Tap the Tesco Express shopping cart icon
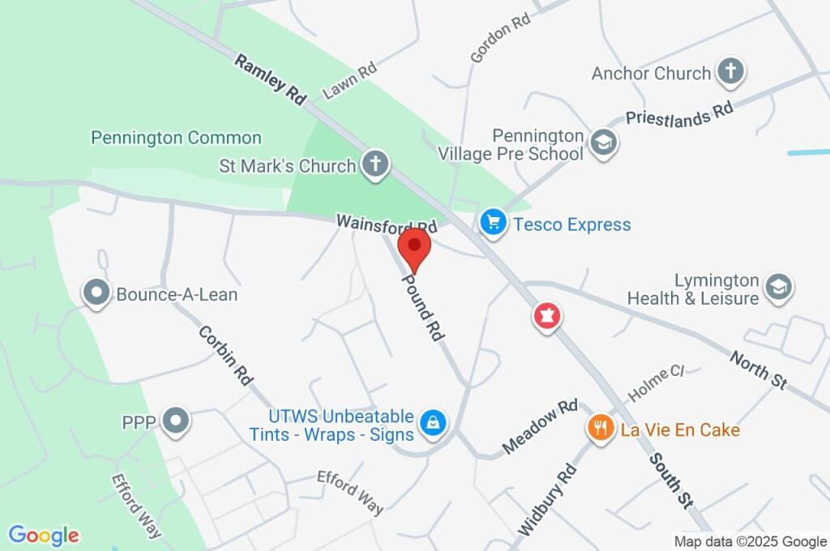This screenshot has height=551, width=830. point(493,224)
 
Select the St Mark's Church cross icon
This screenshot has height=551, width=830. point(375,165)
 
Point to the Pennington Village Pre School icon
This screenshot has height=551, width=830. point(604,143)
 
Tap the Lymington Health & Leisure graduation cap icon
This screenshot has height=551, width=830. point(779,287)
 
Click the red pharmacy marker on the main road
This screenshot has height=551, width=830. point(547,316)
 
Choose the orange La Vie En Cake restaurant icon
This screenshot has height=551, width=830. point(601,429)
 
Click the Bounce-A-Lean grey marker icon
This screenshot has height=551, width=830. point(96,293)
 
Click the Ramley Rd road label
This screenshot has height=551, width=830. point(271,79)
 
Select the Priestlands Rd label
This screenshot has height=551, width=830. point(679,113)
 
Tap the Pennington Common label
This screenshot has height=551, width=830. point(176,138)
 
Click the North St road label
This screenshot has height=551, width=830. point(759,370)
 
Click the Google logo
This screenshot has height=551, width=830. point(44,536)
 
